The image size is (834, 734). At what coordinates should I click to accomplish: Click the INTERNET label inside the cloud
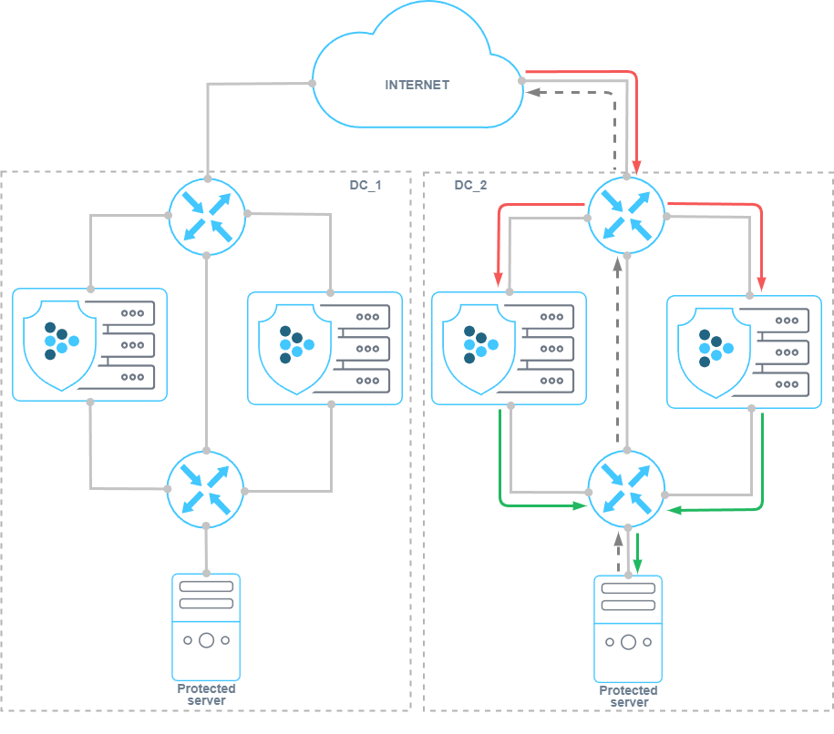pos(417,85)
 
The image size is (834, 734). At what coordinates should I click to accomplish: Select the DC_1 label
pos(366,185)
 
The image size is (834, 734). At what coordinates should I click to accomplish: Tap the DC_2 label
pos(470,185)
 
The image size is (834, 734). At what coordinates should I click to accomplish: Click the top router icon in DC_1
pos(207,216)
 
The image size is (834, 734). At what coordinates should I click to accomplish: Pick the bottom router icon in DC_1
pos(207,488)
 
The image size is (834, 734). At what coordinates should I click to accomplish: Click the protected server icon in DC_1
pos(207,626)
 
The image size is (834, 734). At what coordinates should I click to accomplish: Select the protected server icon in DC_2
pos(628,628)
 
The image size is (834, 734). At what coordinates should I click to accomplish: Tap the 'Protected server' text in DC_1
pos(207,694)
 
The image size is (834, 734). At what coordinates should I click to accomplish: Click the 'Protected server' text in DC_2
pos(628,696)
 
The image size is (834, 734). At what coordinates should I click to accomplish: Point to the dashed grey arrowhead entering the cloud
pos(534,92)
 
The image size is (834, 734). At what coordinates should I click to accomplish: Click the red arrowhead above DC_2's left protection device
pos(499,278)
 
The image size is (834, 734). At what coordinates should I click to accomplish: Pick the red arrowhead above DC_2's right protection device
pos(762,281)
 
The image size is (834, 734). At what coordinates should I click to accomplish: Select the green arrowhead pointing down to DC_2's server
pos(638,566)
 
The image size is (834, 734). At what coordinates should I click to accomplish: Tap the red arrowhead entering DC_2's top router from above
pos(636,167)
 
